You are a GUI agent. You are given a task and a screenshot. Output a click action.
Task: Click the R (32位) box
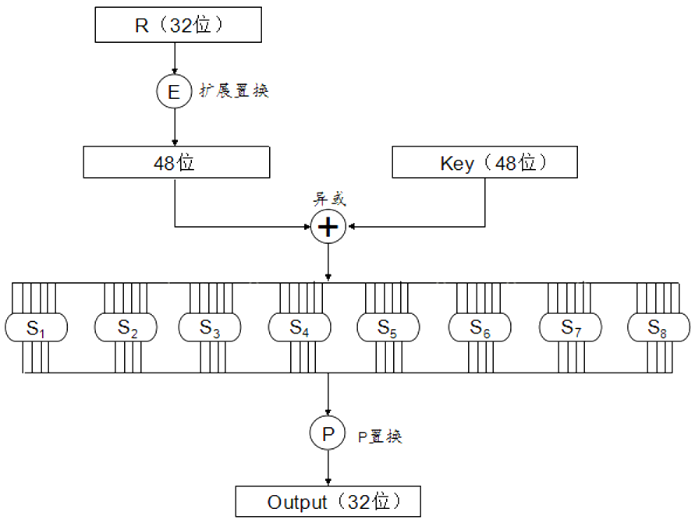[178, 25]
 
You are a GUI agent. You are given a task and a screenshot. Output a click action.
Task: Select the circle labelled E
[173, 92]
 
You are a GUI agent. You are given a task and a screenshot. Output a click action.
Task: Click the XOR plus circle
[328, 227]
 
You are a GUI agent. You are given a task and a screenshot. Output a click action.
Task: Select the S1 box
[36, 327]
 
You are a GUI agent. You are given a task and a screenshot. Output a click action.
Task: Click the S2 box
[126, 327]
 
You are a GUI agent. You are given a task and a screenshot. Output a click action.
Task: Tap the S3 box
[210, 327]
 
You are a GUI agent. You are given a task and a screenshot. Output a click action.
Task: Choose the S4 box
[300, 327]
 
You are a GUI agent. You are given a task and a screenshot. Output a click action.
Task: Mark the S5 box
[388, 327]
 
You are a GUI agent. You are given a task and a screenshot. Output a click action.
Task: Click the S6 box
[479, 327]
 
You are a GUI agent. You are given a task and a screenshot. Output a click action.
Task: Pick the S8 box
[659, 327]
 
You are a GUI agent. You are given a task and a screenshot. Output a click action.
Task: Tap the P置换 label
[380, 436]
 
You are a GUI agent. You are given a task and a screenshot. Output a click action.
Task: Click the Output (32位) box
[328, 502]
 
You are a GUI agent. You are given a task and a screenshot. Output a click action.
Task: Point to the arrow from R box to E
[173, 59]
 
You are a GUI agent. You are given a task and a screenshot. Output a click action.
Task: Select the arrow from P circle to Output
[328, 468]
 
